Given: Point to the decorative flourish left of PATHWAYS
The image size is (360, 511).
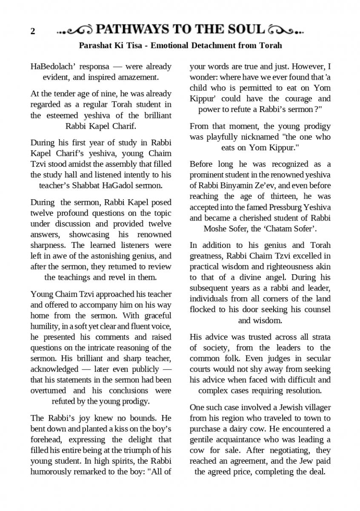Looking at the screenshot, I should (75, 30).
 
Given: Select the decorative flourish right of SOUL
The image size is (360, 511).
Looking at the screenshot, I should (287, 30).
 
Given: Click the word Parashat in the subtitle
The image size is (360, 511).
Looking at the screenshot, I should (97, 45).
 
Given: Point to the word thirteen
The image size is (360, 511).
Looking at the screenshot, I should (285, 196).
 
